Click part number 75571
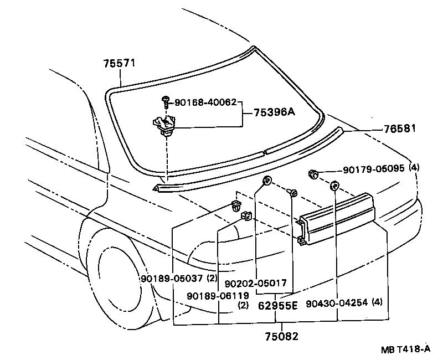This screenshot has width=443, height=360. point(120,64)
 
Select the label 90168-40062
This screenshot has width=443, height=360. point(205,102)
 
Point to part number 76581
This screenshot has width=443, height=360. point(399,128)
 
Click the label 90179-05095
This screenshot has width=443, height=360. point(366,171)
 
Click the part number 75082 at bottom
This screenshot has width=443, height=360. point(280,336)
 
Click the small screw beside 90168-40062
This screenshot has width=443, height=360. point(166,101)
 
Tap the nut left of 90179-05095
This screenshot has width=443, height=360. point(313,175)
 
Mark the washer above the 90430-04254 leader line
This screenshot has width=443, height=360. point(334,186)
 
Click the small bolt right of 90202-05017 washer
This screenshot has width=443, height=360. point(293,192)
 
